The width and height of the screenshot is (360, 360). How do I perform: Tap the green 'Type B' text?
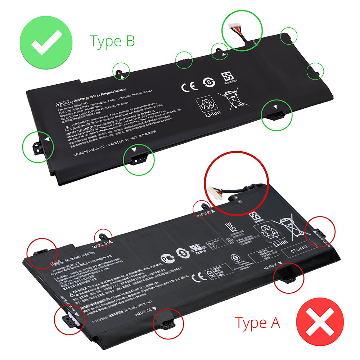coord(112,41)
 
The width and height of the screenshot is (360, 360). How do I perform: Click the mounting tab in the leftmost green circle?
coord(37,145)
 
